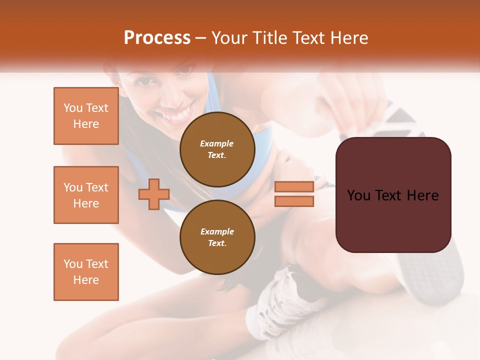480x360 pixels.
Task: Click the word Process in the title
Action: pos(157,38)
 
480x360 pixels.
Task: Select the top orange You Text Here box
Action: pos(86,116)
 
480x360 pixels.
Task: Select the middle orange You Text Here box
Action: pos(86,195)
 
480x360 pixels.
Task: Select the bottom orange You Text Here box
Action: pos(86,271)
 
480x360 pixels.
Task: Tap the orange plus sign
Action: pos(154,194)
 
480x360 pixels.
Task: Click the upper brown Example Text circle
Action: pos(217,149)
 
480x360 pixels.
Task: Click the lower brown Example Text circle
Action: pos(217,237)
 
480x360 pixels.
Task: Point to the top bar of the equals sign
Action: pos(294,186)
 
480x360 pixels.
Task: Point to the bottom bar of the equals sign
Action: pos(294,201)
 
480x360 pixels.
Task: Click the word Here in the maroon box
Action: pos(422,195)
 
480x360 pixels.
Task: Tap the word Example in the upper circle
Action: pos(217,143)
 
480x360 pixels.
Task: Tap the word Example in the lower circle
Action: pos(217,231)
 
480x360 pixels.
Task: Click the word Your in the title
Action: pos(229,38)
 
